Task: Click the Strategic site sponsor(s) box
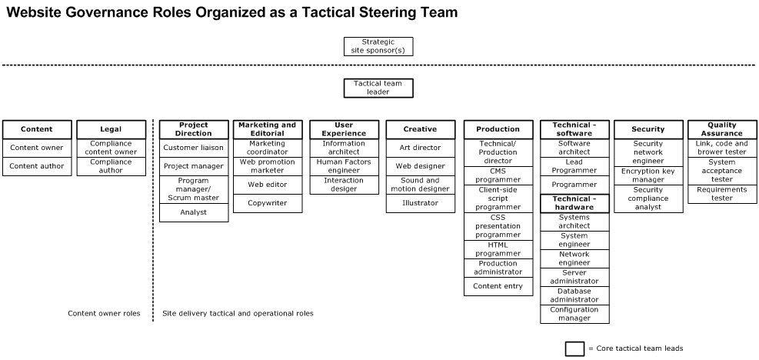click(x=378, y=46)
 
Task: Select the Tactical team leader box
click(x=378, y=88)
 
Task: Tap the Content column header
click(x=37, y=129)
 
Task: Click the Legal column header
click(x=111, y=129)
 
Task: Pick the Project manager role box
click(x=194, y=165)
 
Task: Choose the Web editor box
click(x=268, y=185)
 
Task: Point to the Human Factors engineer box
click(x=344, y=166)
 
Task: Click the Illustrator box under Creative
click(x=420, y=203)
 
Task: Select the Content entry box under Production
click(x=498, y=286)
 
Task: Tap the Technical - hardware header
click(x=574, y=203)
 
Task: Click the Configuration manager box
click(x=574, y=314)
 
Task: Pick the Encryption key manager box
click(x=648, y=175)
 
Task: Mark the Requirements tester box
click(x=721, y=194)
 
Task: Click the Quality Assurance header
click(x=721, y=129)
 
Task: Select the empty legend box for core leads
click(x=574, y=348)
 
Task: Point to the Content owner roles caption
click(x=104, y=314)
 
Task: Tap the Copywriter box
click(x=268, y=203)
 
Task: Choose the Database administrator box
click(x=574, y=295)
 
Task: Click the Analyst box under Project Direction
click(x=194, y=212)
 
